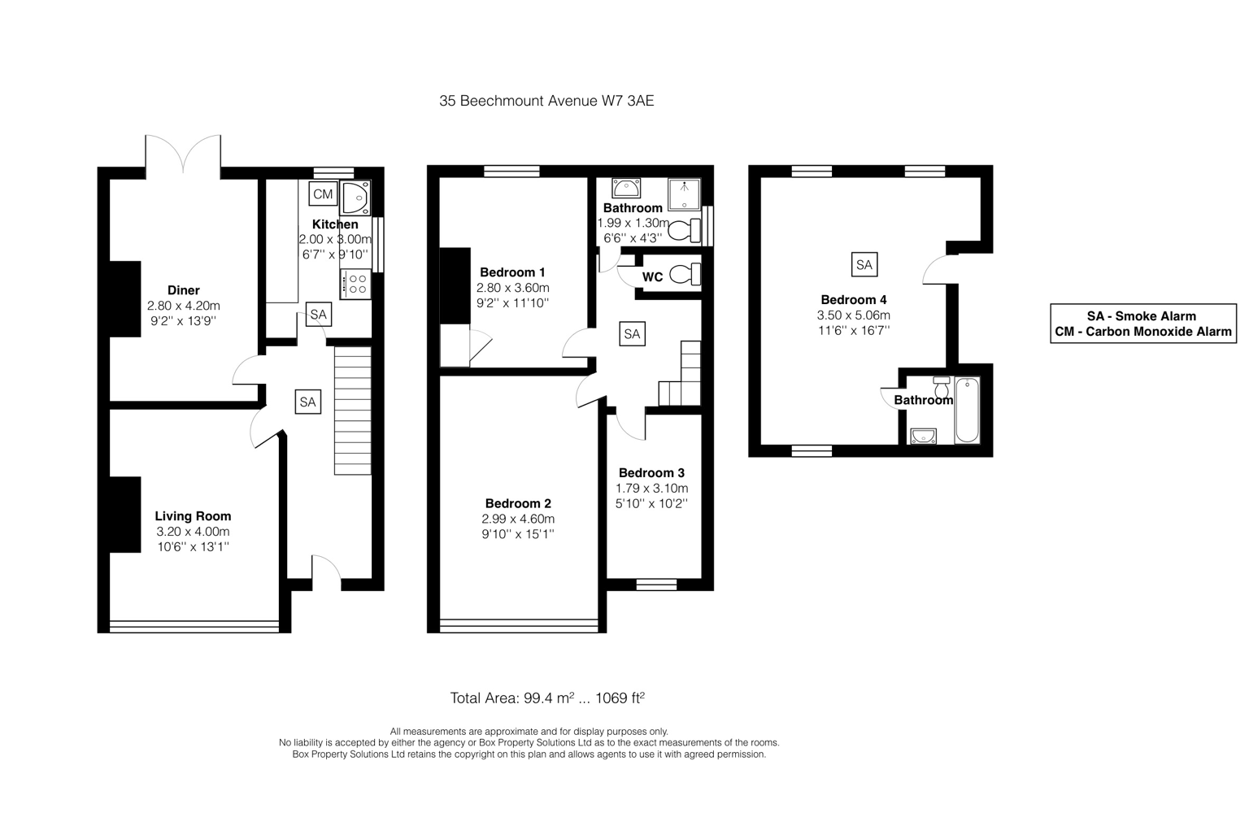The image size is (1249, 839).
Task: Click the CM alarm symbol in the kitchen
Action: pyautogui.click(x=323, y=193)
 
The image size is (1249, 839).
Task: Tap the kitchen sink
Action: pyautogui.click(x=355, y=198)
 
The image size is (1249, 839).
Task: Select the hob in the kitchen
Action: pyautogui.click(x=355, y=284)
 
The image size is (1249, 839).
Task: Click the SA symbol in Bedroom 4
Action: pyautogui.click(x=864, y=264)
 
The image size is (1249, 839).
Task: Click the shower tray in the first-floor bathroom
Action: pyautogui.click(x=684, y=194)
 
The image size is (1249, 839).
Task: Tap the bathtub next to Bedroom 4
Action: pyautogui.click(x=968, y=411)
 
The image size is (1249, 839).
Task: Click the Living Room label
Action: pyautogui.click(x=193, y=516)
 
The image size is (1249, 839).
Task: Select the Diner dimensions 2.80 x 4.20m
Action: pyautogui.click(x=184, y=306)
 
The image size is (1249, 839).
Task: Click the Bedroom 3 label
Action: pyautogui.click(x=651, y=472)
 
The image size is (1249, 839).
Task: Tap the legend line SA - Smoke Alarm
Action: pyautogui.click(x=1142, y=316)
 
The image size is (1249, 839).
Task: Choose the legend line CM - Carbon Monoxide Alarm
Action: pyautogui.click(x=1143, y=332)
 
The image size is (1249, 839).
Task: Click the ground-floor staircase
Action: pyautogui.click(x=352, y=411)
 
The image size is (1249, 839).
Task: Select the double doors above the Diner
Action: pyautogui.click(x=183, y=154)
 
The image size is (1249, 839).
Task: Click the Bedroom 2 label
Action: pyautogui.click(x=518, y=503)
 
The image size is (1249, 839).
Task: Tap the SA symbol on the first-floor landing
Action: pyautogui.click(x=632, y=334)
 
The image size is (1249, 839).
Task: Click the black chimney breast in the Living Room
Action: pyautogui.click(x=125, y=514)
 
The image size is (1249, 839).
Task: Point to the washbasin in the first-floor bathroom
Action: pyautogui.click(x=626, y=189)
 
